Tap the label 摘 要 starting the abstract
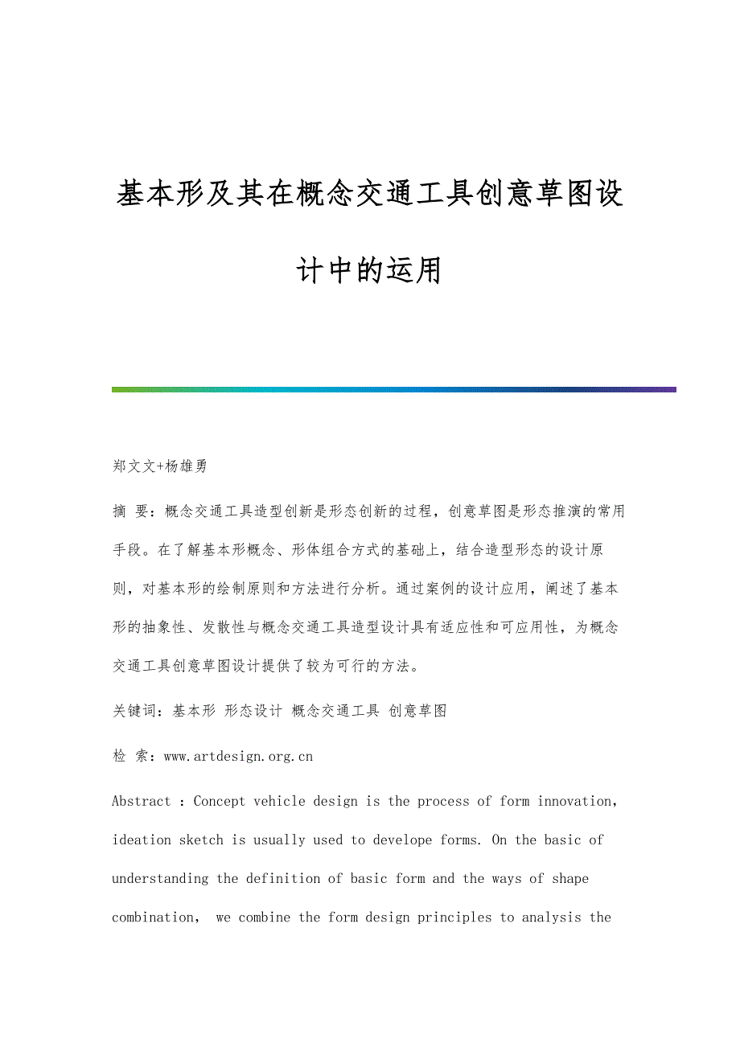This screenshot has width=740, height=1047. (131, 511)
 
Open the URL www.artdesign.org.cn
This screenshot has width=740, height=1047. (238, 756)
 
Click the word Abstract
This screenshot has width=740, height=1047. (142, 801)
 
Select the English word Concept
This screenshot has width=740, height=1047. (220, 801)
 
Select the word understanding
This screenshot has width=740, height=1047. (160, 878)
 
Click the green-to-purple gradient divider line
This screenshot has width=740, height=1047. (394, 389)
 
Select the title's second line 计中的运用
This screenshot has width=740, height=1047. (369, 271)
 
